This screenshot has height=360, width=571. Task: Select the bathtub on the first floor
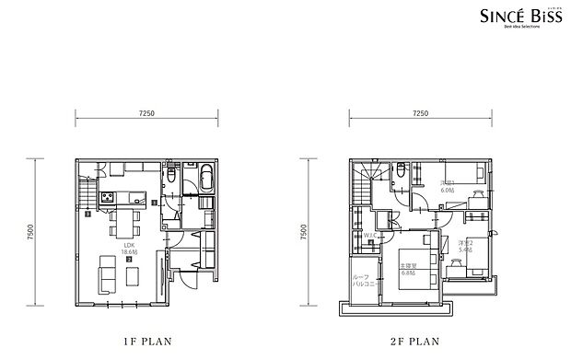click(206, 178)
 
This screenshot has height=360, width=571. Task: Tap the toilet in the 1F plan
click(173, 175)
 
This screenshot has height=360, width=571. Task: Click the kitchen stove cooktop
click(107, 197)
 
